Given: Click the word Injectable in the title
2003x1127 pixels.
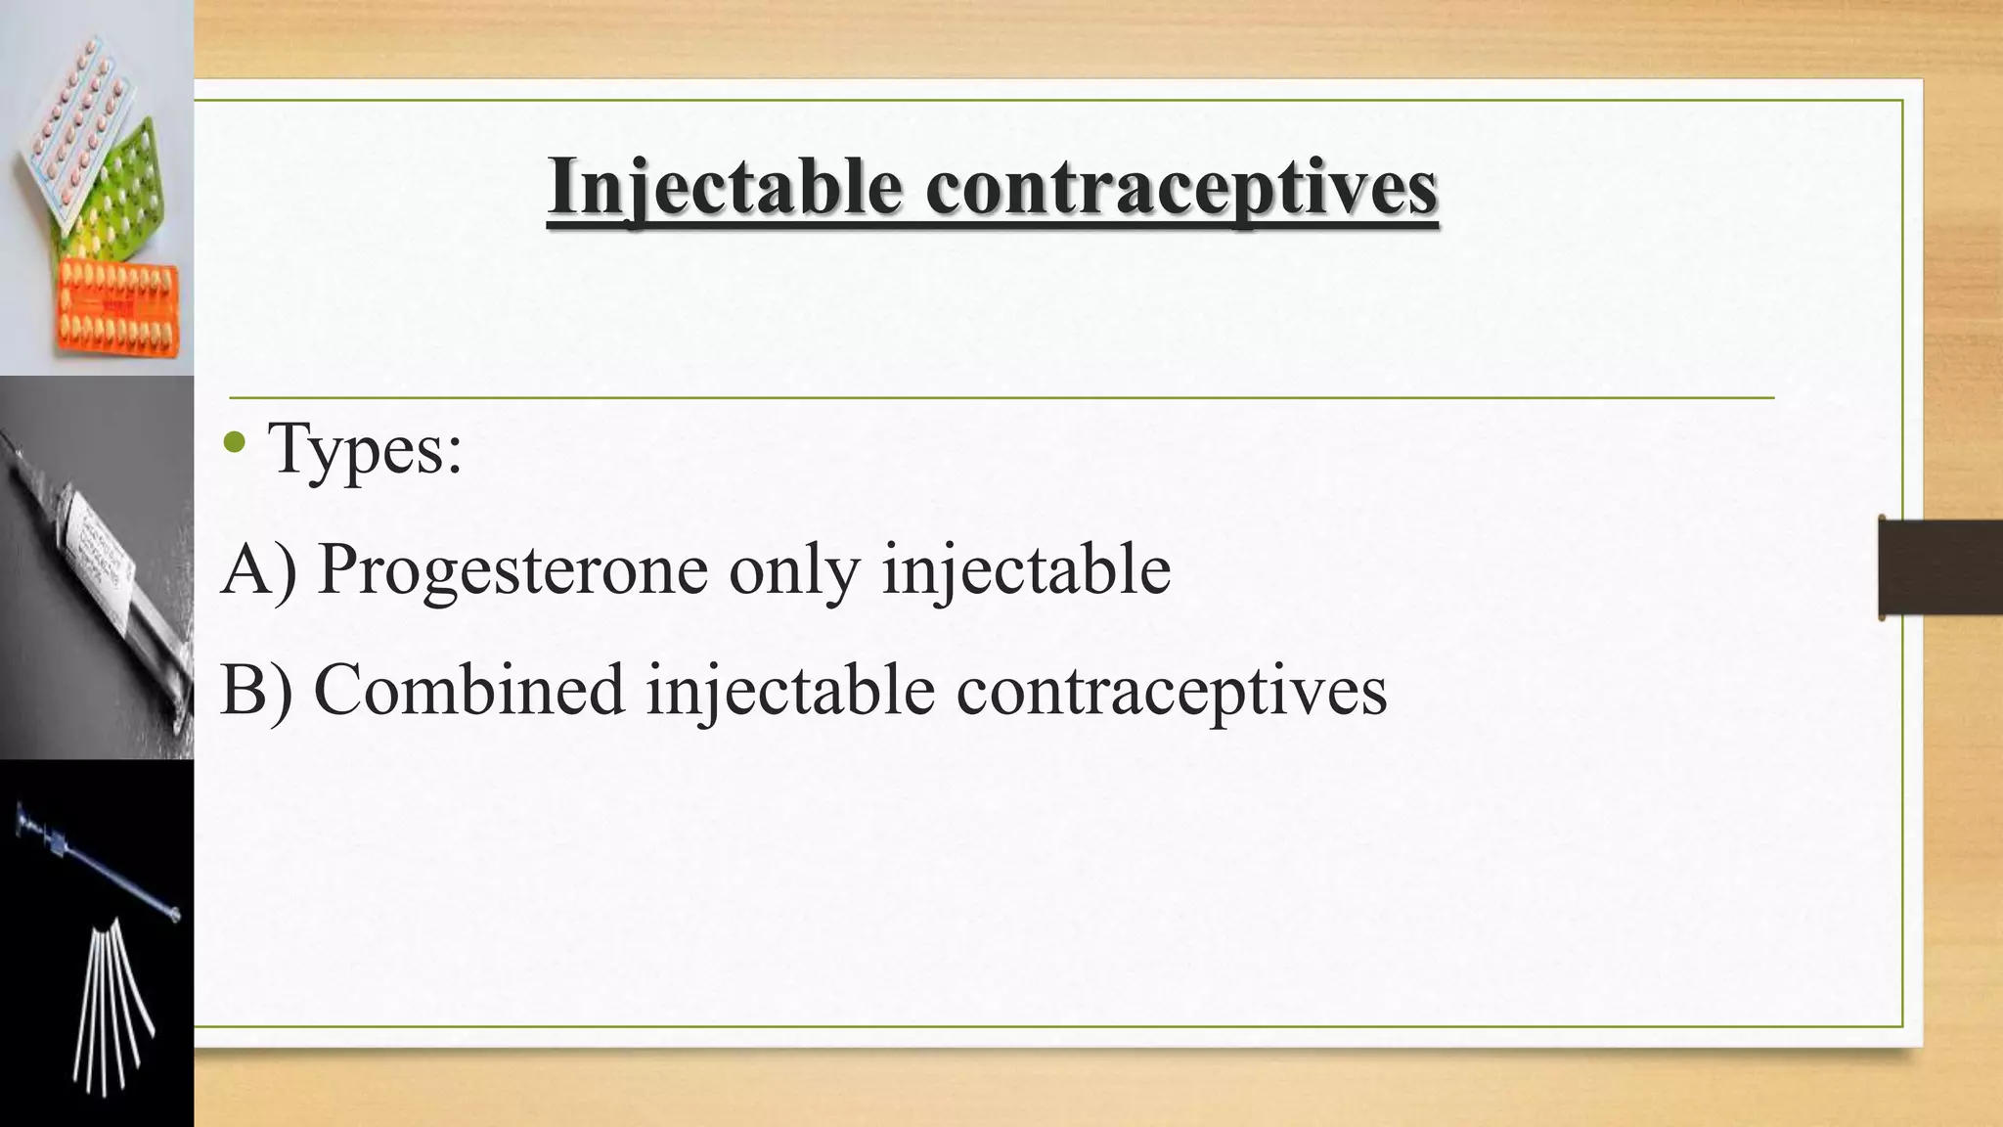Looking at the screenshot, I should click(725, 186).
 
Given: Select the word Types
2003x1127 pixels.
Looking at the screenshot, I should click(364, 448).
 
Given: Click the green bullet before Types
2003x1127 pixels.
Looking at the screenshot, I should click(235, 443).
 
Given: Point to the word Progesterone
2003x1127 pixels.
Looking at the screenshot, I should click(512, 568).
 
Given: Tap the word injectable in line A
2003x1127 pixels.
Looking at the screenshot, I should click(1026, 570).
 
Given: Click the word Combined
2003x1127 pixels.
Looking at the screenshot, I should click(468, 690).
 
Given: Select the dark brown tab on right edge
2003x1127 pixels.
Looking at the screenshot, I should click(1940, 568).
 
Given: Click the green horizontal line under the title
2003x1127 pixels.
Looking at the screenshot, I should click(1001, 398).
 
